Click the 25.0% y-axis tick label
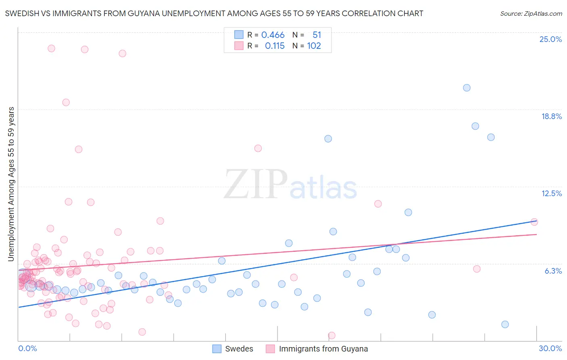point(550,39)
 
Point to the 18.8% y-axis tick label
point(551,116)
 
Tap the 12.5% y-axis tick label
point(551,193)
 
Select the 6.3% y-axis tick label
point(553,271)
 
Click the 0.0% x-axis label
point(27,348)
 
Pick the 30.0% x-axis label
point(550,348)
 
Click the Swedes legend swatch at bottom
point(217,349)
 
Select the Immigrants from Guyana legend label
point(323,349)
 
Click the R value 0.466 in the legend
point(273,35)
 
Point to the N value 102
point(314,46)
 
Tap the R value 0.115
point(275,46)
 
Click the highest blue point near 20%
point(467,88)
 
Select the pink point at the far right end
point(534,222)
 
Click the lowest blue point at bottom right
point(505,324)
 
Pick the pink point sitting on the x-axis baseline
point(331,335)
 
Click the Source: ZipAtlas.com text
point(531,13)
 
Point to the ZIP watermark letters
point(255,184)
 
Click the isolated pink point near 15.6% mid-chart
point(258,148)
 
